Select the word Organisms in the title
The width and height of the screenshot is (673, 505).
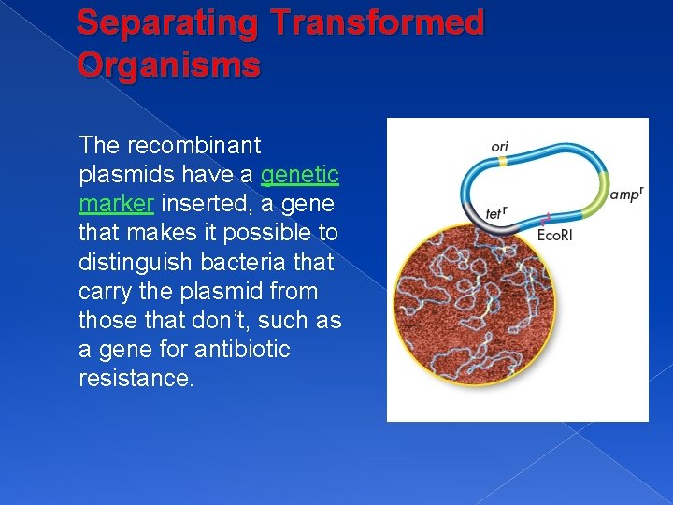(x=169, y=65)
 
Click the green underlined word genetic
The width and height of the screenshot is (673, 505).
(x=300, y=175)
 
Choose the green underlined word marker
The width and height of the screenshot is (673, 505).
(x=116, y=204)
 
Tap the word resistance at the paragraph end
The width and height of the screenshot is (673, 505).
(x=136, y=379)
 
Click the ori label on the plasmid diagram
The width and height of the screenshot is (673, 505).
(x=500, y=147)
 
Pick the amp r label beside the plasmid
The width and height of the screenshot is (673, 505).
(x=625, y=194)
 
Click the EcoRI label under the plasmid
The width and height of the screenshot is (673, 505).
(x=555, y=234)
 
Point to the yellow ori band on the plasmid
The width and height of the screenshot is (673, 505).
(x=501, y=162)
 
